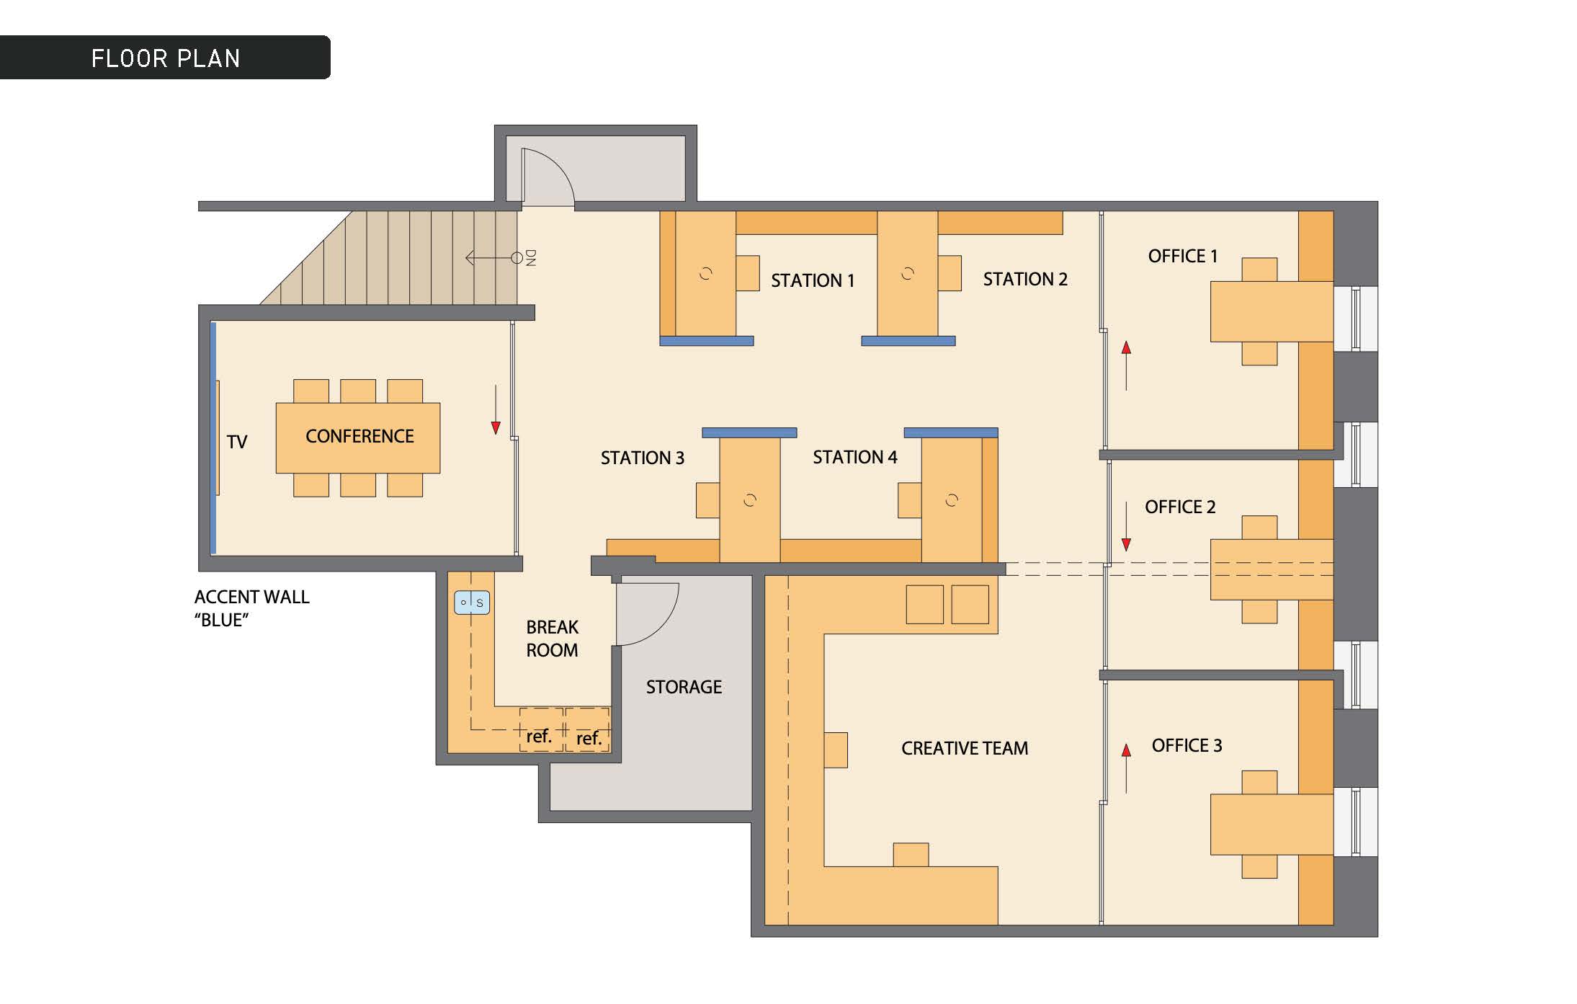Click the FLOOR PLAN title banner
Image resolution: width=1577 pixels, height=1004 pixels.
(x=165, y=57)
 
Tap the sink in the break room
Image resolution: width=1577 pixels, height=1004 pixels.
(x=472, y=603)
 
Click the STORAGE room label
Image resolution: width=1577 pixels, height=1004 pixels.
(x=684, y=687)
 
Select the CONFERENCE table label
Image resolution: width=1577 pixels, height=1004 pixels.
(x=359, y=436)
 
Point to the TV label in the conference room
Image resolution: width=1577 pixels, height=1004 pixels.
(x=237, y=442)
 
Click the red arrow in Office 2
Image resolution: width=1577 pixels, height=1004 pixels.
(x=1126, y=526)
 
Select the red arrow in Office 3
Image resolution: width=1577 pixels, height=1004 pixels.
(x=1126, y=769)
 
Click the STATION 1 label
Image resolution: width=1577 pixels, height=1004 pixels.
(x=813, y=280)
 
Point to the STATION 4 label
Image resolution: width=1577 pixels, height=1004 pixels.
(x=855, y=457)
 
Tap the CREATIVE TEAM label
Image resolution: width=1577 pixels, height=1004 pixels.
(x=965, y=748)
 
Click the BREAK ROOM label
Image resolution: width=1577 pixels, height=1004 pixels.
(x=552, y=639)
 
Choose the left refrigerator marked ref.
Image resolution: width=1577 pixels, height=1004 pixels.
(x=541, y=729)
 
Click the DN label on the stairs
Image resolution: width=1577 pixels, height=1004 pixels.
(x=531, y=258)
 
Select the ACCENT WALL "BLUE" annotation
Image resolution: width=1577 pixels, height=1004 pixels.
(x=251, y=608)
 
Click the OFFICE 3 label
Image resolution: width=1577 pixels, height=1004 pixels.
(x=1187, y=745)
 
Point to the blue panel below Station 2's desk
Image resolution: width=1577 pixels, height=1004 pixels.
(x=908, y=341)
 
